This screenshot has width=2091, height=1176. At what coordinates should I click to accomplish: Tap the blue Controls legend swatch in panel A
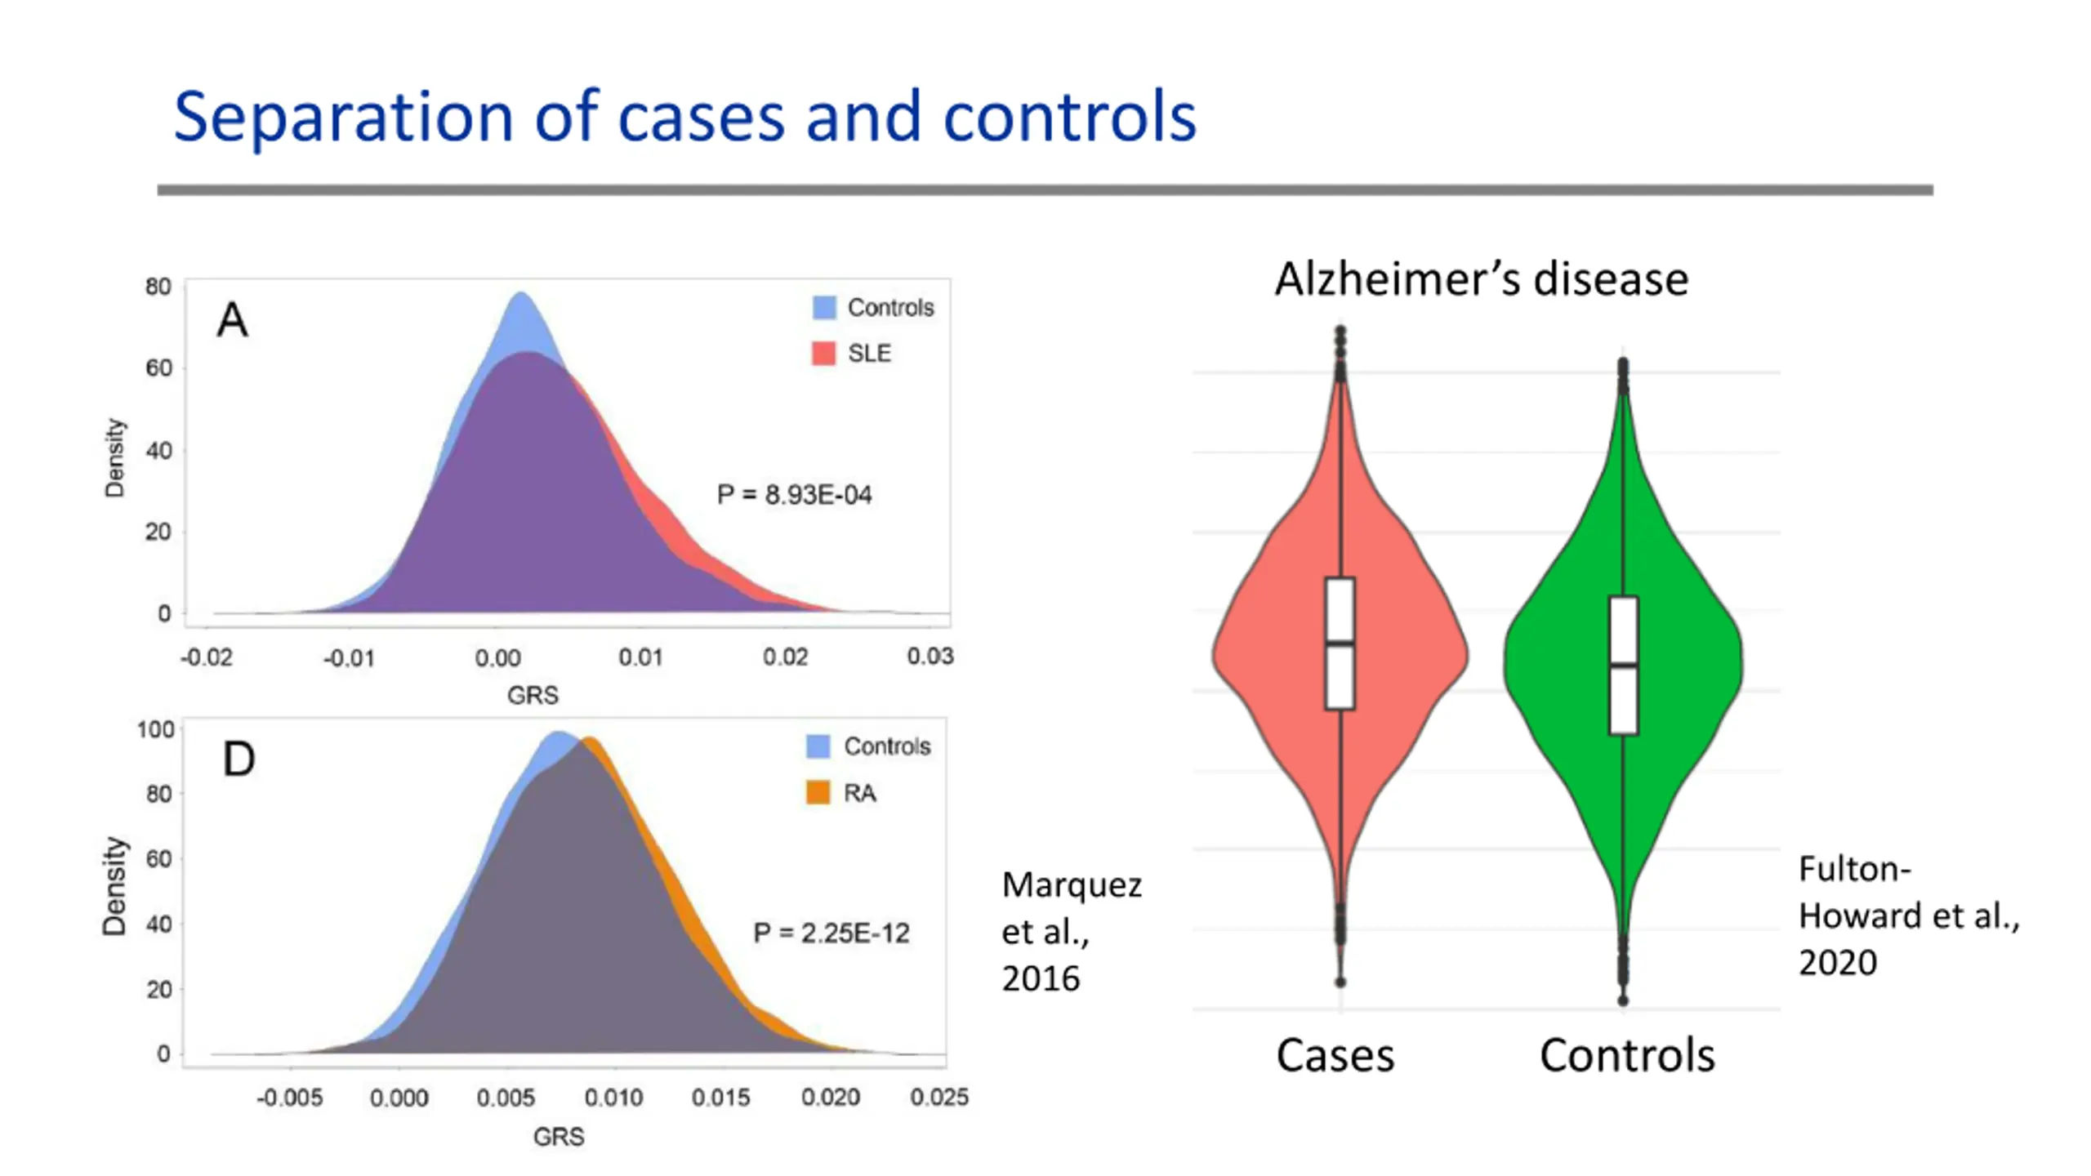coord(824,307)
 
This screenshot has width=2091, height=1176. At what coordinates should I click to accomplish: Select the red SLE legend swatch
coord(823,353)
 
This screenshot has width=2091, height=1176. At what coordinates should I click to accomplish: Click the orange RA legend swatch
coord(818,792)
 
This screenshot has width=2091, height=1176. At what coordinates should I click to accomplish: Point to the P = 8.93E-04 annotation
coord(794,495)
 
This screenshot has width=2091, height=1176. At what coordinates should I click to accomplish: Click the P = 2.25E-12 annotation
coord(831,933)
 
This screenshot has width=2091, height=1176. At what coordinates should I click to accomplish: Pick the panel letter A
coord(233,320)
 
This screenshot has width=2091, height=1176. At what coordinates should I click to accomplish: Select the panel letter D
coord(239,759)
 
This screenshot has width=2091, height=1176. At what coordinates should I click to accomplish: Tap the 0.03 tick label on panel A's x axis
coord(930,656)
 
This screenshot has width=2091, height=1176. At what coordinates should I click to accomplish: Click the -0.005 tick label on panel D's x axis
coord(290,1098)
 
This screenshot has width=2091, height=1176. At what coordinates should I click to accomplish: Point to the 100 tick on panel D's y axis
coord(155,729)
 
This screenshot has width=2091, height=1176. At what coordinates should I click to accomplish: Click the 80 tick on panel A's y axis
coord(158,287)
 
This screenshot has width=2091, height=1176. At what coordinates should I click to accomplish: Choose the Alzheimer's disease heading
coord(1481,279)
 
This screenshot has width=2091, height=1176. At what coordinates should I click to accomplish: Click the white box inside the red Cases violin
coord(1340,643)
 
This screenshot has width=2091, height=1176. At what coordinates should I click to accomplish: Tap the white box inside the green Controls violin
coord(1623,665)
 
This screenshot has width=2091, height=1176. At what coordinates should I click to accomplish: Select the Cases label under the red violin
coord(1335,1055)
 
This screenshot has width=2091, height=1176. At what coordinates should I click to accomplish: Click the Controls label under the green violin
coord(1627,1055)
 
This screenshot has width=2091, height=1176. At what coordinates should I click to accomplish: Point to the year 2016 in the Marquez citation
coord(1041,978)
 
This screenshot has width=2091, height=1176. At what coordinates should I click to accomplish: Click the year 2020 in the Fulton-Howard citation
coord(1838,963)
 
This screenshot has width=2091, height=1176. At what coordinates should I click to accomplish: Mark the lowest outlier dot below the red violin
coord(1340,982)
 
